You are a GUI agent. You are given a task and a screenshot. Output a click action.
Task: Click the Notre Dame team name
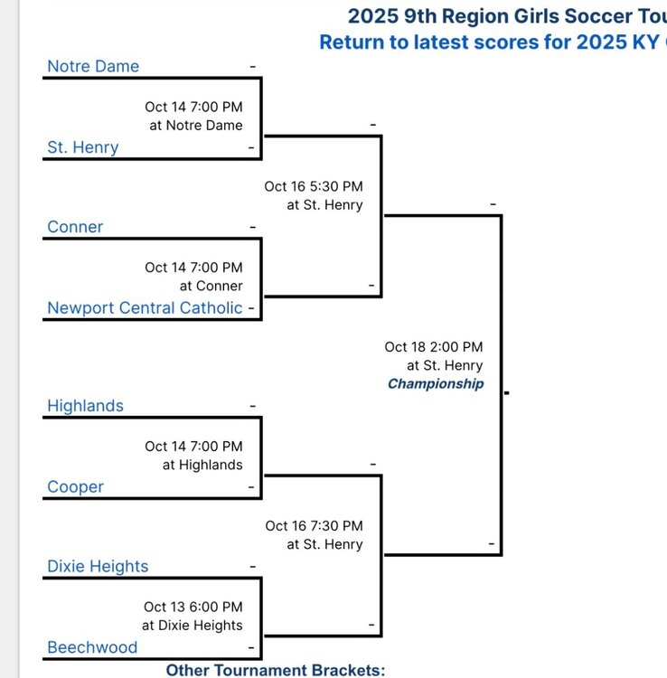93,66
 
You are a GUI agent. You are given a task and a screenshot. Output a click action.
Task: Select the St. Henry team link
82,147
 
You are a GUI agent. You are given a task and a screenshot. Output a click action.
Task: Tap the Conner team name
75,227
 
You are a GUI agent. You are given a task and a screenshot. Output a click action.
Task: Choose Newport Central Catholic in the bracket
145,308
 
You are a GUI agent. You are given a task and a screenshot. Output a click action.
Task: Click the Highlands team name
85,406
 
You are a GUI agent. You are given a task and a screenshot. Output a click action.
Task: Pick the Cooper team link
75,487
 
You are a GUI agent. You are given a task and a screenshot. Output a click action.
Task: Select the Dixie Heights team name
98,567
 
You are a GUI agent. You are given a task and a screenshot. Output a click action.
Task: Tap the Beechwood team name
92,647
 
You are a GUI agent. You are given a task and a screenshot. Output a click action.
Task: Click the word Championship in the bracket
436,384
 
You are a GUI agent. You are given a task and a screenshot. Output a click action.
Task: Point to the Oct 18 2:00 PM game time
434,347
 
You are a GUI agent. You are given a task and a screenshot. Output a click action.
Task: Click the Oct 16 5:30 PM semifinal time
314,186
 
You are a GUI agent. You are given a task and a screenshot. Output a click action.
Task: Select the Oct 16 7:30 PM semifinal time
314,526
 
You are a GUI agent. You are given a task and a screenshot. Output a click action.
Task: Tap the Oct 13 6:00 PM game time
193,607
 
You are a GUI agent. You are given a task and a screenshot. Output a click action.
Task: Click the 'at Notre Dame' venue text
196,126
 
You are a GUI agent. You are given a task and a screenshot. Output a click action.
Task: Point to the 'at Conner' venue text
211,286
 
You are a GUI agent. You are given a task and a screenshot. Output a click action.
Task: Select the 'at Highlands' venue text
202,465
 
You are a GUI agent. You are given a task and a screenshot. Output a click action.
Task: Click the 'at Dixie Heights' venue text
192,626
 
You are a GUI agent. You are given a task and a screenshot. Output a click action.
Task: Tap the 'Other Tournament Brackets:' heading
276,670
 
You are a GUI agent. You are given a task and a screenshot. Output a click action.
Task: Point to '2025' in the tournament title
373,16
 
